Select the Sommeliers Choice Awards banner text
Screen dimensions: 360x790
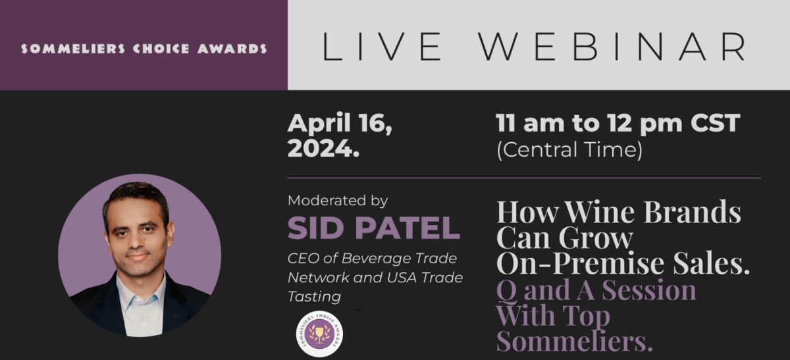144,49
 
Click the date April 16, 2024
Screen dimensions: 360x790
340,135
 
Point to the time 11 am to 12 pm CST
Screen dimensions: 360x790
618,123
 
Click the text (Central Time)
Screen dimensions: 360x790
569,150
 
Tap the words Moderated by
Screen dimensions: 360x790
338,200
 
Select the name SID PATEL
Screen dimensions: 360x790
373,228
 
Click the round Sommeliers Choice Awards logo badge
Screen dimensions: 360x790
319,334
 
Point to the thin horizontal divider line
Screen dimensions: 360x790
523,178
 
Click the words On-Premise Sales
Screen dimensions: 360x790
623,263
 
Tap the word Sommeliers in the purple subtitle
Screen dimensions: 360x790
573,342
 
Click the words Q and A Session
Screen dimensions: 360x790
596,290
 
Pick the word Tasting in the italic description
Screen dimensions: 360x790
314,297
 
